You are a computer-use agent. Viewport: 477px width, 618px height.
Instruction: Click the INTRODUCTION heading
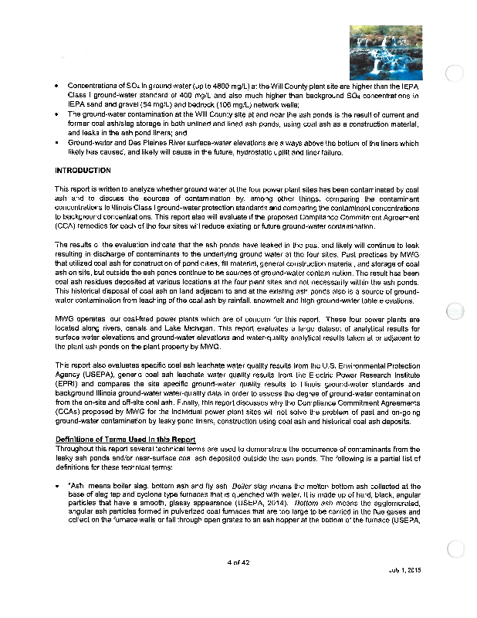(83, 170)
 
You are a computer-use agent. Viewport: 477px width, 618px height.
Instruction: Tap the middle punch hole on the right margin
(456, 312)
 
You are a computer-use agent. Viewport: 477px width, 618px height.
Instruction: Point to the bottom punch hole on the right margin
(456, 548)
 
